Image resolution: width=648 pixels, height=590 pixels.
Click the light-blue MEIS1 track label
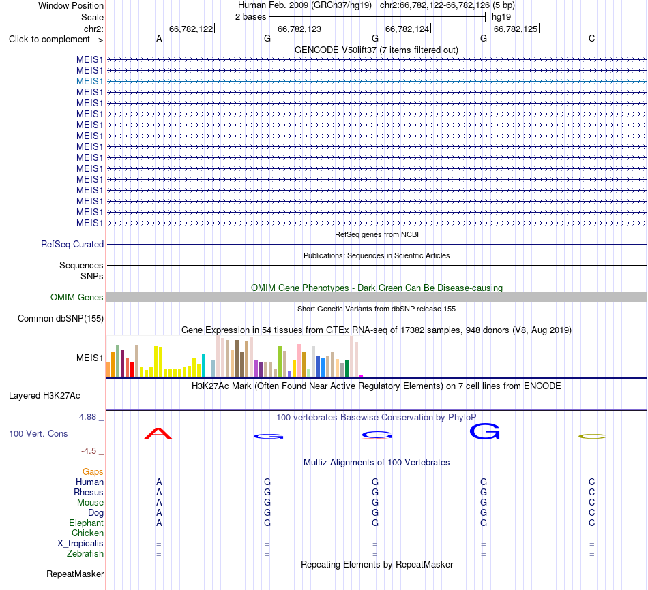tap(89, 81)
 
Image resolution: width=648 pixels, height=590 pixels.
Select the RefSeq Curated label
tap(72, 244)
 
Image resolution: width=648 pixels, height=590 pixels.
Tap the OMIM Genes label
tap(77, 297)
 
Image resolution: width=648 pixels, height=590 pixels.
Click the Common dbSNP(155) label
tap(61, 318)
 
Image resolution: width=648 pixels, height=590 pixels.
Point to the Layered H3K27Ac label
tap(44, 396)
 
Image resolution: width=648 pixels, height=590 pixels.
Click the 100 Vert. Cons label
tap(38, 433)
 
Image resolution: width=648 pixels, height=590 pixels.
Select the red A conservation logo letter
tap(158, 433)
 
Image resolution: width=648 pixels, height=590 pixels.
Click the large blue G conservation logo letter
tap(484, 431)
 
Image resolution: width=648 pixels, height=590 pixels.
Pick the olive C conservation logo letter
tap(592, 437)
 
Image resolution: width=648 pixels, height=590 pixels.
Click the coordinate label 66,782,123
tap(299, 29)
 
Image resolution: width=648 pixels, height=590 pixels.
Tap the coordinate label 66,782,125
tap(516, 29)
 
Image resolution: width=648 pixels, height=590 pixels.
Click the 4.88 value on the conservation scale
tap(87, 417)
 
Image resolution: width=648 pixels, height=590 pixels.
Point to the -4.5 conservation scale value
tap(89, 451)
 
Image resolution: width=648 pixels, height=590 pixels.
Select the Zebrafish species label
tap(85, 554)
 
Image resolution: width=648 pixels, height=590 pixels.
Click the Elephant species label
tap(87, 523)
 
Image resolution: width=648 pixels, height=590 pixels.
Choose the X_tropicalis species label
tap(80, 544)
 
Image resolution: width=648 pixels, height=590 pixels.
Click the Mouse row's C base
tap(592, 503)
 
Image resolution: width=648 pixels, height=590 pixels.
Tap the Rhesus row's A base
tap(159, 492)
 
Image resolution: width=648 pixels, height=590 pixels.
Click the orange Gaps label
tap(93, 471)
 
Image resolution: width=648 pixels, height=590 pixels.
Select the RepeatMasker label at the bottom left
tap(75, 574)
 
